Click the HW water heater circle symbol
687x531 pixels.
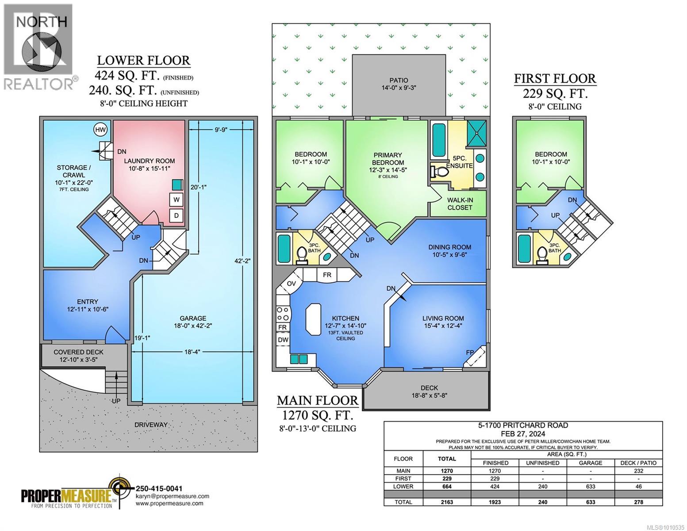click(x=100, y=130)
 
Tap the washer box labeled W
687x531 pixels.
click(x=177, y=200)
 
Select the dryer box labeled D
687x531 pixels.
click(x=177, y=216)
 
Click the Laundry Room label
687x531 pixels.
click(x=149, y=161)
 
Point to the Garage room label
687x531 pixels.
click(x=193, y=318)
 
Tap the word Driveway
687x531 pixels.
click(x=151, y=425)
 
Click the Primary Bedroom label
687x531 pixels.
click(x=388, y=158)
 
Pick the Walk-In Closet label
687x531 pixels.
click(x=460, y=204)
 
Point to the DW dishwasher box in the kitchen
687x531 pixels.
click(x=283, y=340)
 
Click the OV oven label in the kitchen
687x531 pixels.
click(x=291, y=284)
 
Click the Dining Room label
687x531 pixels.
click(x=449, y=247)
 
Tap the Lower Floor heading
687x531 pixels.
click(x=143, y=60)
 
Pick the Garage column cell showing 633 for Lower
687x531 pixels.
click(x=591, y=486)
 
